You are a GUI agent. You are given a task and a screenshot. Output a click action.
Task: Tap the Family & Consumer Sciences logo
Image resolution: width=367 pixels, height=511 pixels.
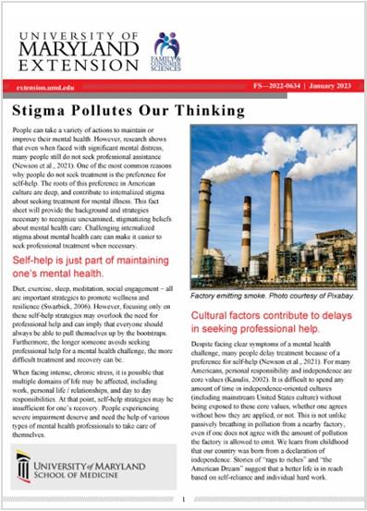tap(167, 52)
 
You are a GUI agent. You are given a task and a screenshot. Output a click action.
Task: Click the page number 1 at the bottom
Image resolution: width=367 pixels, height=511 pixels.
tap(184, 500)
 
